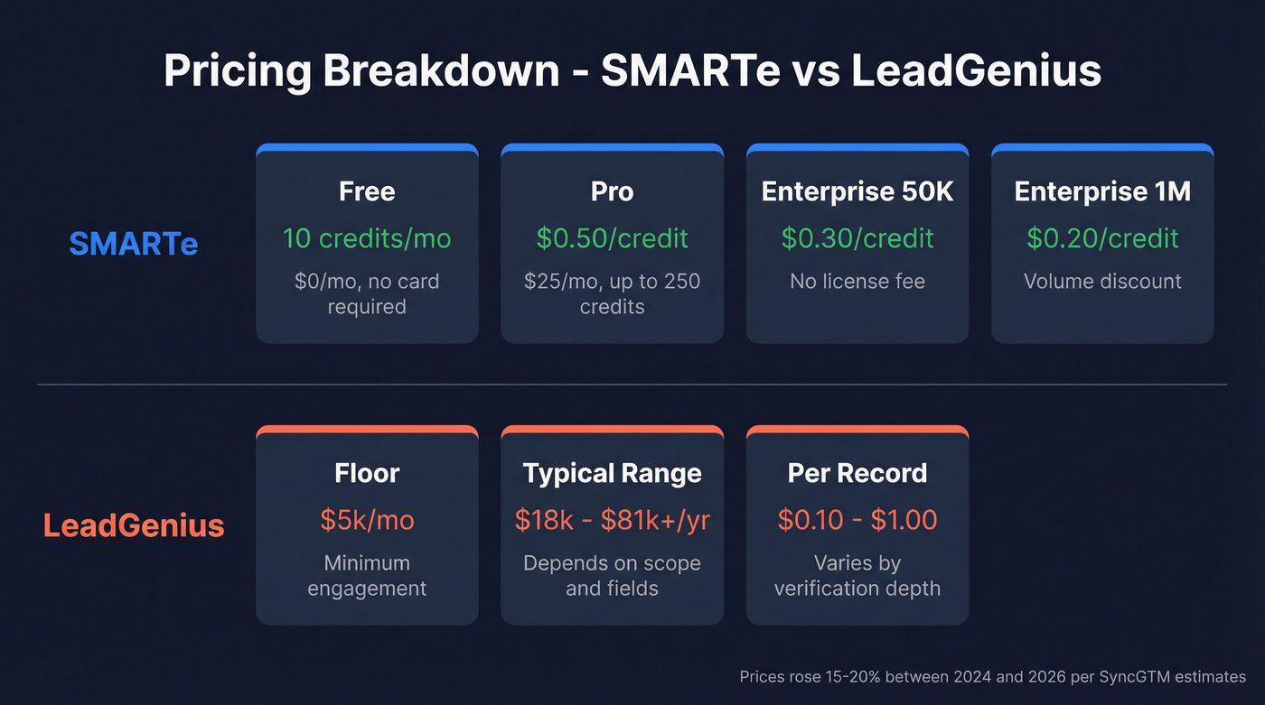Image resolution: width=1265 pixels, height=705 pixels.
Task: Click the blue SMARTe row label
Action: pos(134,244)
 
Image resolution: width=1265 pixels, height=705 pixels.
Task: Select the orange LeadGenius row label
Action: pos(134,525)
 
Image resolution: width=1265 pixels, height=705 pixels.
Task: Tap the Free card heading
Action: pos(367,191)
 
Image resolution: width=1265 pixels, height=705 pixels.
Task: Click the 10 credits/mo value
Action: pos(367,238)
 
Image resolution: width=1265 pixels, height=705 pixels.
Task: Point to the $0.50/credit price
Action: pos(612,238)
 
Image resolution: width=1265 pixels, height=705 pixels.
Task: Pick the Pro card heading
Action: pos(612,191)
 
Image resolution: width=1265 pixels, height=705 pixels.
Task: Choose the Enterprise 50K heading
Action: pos(857,191)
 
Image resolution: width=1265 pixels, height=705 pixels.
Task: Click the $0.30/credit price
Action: pos(857,238)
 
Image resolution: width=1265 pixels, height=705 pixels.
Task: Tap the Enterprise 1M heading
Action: pos(1102,191)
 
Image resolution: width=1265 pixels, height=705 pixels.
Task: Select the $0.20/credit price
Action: pos(1102,238)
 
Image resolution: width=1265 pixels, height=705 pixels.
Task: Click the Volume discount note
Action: pos(1102,282)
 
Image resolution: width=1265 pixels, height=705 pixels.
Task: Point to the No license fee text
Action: pos(857,282)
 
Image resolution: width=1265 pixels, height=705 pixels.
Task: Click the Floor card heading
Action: pos(367,473)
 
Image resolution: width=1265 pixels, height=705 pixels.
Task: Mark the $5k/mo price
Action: pos(367,520)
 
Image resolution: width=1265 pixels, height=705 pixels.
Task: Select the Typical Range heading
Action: pos(612,473)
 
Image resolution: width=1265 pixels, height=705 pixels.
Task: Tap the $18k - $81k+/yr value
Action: pos(612,520)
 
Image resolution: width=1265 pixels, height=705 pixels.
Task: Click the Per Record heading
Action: pos(857,473)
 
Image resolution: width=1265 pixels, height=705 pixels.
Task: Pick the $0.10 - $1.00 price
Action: pos(857,520)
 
